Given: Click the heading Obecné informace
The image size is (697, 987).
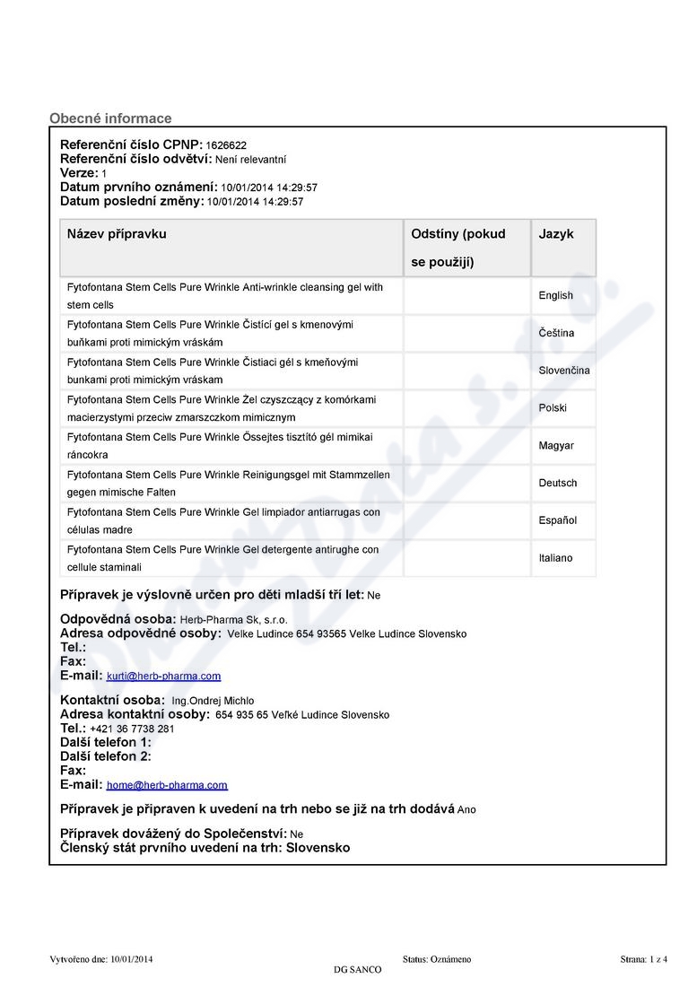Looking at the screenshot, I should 110,118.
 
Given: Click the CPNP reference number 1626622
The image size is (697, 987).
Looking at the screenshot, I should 226,145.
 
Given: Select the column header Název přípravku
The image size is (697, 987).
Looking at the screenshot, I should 117,234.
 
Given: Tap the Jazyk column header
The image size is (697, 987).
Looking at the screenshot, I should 556,234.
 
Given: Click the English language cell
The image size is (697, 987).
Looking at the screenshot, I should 555,296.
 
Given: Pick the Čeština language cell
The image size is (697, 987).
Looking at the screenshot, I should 556,333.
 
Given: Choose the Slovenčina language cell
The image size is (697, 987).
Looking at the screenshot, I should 563,371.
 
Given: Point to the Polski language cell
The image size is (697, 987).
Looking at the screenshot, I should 553,408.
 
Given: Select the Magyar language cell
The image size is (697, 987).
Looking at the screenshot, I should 556,446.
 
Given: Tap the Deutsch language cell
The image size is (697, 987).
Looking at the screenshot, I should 558,484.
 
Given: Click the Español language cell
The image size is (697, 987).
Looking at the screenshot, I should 557,520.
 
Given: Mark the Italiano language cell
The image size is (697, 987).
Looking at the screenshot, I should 555,558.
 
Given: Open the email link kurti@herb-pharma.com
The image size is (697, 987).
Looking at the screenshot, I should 163,677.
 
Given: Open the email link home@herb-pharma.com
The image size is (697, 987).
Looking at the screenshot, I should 167,785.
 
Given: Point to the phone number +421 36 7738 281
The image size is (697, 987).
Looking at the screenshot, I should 132,729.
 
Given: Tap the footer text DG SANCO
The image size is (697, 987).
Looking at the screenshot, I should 357,970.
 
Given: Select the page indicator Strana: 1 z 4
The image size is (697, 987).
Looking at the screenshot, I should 643,959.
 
